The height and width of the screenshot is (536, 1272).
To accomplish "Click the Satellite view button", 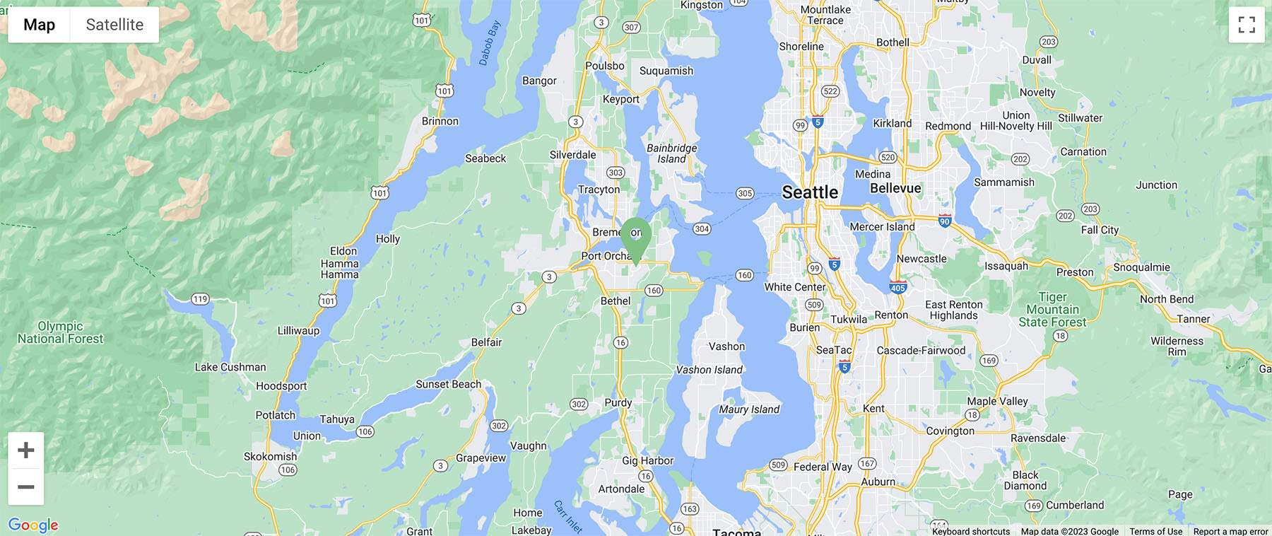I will pos(114,25).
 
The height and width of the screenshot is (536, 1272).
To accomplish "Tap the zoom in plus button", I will pos(26,450).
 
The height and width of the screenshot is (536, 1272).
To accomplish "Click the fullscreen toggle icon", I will pos(1247,25).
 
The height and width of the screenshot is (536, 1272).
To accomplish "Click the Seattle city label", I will pos(810,192).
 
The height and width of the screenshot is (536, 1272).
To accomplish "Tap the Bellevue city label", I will pos(895,188).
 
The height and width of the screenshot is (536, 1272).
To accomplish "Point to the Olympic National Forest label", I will pos(60,332).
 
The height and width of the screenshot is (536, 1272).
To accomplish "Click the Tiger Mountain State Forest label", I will pos(1052,310).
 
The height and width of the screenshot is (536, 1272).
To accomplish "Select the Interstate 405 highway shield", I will pos(897,288).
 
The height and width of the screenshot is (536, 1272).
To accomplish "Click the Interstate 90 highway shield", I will pos(945,221).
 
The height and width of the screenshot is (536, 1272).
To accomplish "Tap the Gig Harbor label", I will pos(647,460).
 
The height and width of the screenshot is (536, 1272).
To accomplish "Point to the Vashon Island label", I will pos(709,370).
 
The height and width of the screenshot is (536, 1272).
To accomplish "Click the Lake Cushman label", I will pos(230,367).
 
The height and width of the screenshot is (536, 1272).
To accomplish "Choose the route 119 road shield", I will pos(201,299).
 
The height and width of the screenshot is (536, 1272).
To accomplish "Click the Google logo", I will pos(33,525).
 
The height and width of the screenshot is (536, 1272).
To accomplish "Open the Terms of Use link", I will pos(1155,531).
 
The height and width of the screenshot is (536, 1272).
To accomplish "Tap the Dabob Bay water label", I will pos(489,43).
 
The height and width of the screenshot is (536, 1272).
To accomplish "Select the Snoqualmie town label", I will pos(1141,267).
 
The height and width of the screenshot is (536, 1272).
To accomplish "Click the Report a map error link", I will pos(1230,531).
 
